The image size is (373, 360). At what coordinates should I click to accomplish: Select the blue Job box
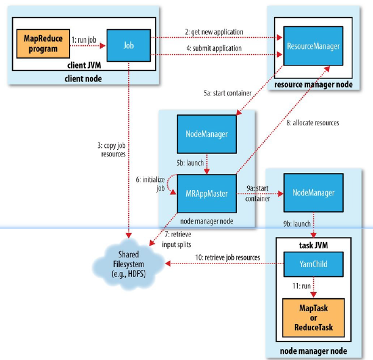pos(128,45)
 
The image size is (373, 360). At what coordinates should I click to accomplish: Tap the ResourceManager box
pos(313,46)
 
